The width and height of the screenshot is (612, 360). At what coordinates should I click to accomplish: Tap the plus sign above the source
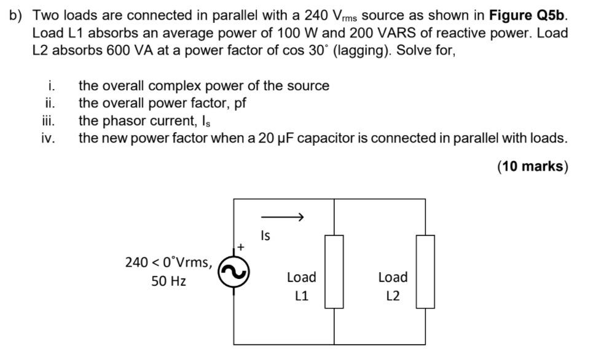coord(241,246)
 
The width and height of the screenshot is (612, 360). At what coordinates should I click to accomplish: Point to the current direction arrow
coord(283,217)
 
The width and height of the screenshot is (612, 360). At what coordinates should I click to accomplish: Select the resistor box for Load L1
coord(334,271)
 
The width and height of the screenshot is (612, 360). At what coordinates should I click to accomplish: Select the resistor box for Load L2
coord(425,271)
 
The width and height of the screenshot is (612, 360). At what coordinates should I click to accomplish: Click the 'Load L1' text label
coord(301,286)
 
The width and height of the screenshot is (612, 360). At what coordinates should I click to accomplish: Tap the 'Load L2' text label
coord(393,286)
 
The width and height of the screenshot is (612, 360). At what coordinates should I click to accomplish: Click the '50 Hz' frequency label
coord(168,281)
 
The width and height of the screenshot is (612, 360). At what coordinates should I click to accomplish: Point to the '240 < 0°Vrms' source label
coord(168,262)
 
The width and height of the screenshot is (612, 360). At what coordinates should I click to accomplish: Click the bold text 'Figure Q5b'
coord(528,15)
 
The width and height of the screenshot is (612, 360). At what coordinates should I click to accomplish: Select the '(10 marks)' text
coord(533,166)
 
